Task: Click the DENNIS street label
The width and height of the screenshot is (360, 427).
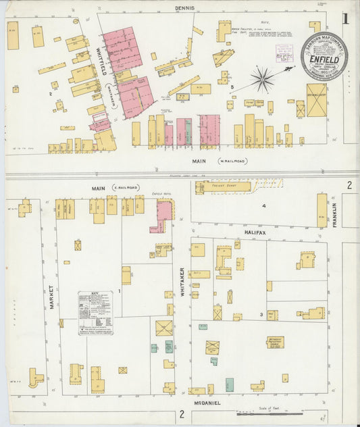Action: point(184,8)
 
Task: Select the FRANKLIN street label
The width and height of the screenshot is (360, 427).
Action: point(334,216)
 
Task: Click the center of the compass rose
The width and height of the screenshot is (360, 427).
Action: point(262,79)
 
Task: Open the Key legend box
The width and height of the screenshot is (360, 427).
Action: point(95,313)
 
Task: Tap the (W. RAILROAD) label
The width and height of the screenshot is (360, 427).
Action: point(231,161)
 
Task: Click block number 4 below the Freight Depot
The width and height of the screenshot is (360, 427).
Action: point(264,205)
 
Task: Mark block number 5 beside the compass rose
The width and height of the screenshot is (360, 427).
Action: point(232,87)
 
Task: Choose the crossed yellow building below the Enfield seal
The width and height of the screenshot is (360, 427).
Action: point(316,100)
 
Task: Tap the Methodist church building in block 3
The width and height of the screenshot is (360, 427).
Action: point(275,342)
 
